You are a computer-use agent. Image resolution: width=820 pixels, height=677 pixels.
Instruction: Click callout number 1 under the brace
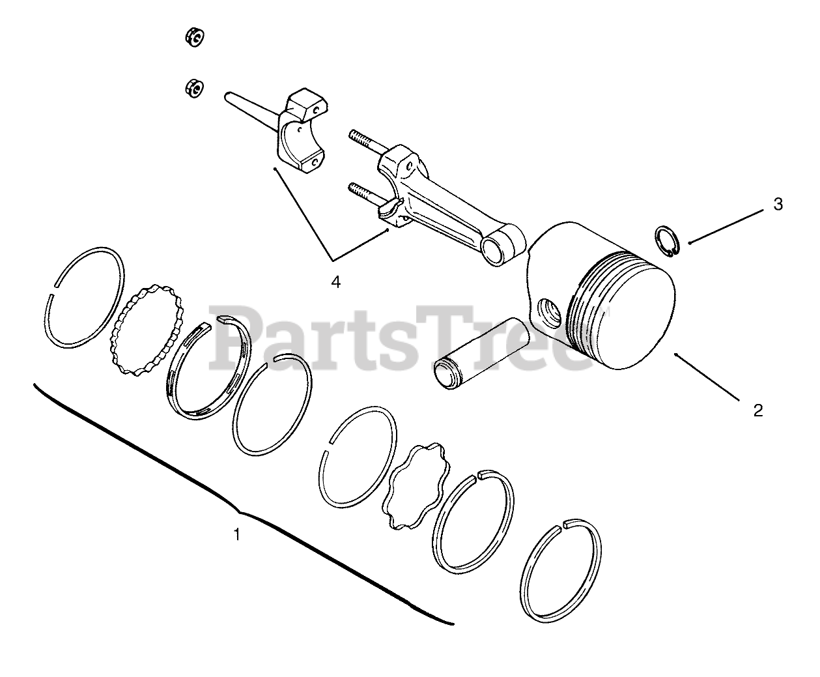[x=236, y=534]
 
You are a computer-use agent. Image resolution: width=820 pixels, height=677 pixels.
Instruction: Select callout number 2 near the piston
[x=757, y=411]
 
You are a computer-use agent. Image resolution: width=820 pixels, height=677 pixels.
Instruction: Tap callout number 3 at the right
[x=778, y=205]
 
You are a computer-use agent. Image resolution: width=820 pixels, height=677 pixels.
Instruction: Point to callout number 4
[x=335, y=281]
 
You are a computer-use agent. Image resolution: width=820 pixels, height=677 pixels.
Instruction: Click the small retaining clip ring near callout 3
[x=668, y=240]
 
